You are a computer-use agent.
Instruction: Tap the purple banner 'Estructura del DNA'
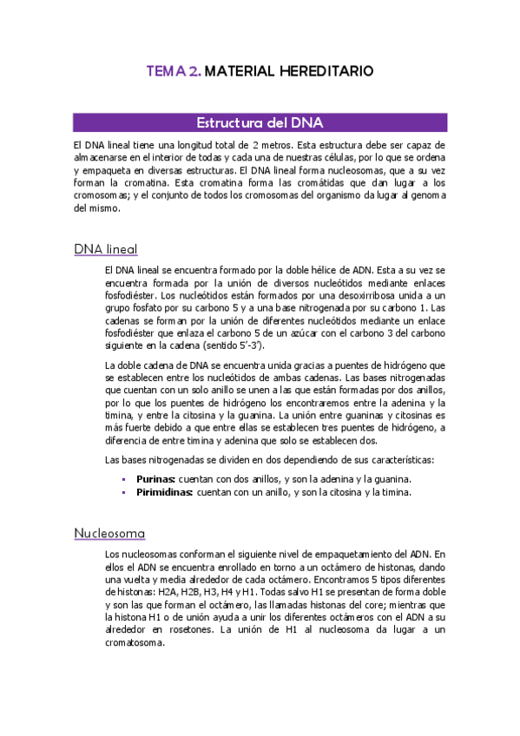pos(260,122)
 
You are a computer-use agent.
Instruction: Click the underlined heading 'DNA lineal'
pos(107,250)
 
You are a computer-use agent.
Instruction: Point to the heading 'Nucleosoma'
pos(109,532)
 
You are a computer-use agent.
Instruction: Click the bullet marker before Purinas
pos(124,479)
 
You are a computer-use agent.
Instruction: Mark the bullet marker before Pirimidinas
pos(124,492)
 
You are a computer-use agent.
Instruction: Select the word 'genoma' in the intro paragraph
pos(425,196)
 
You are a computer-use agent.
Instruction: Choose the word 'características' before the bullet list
pos(395,458)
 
